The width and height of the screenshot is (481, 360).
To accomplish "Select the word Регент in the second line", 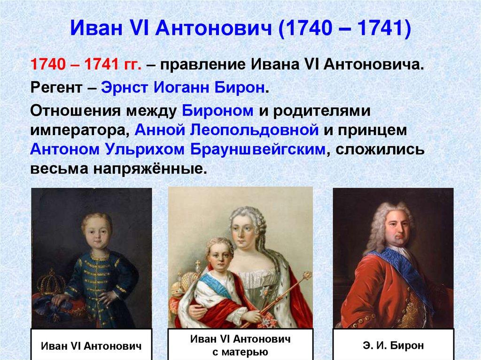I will [x=57, y=88].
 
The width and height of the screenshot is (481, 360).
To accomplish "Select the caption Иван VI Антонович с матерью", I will [x=240, y=345].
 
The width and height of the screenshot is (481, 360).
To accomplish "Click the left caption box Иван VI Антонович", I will [x=91, y=346].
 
